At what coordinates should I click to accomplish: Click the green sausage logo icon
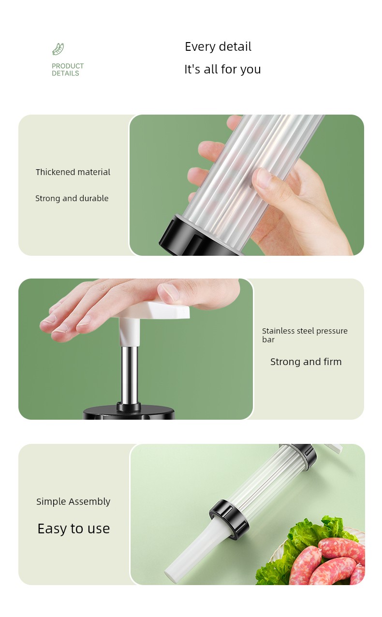click(58, 49)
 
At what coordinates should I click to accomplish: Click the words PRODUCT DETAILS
click(68, 70)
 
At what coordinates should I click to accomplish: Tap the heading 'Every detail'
click(218, 46)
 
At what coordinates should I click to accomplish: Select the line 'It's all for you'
click(222, 69)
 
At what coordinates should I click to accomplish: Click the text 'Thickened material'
click(73, 172)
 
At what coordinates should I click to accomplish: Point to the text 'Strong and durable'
click(72, 198)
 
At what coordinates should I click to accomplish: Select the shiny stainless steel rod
click(129, 375)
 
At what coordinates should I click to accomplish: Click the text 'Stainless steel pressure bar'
click(305, 335)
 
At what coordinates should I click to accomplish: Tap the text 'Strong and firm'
click(306, 362)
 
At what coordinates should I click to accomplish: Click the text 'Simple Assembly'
click(73, 501)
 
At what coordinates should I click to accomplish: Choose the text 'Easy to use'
click(73, 529)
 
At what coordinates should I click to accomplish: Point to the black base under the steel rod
click(129, 412)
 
